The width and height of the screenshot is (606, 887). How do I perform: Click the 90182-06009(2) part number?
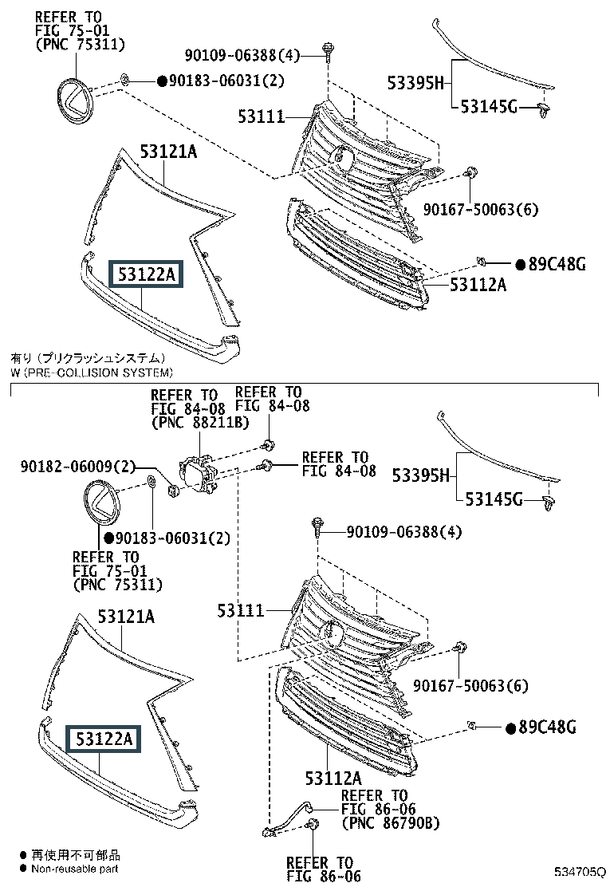[76, 466]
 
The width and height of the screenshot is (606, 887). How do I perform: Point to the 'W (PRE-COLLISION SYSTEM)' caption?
[91, 373]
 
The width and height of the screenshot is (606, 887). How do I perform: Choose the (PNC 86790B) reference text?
[390, 822]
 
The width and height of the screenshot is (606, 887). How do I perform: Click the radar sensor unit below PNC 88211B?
[197, 473]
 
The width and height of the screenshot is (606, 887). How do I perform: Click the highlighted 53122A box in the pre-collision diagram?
[104, 739]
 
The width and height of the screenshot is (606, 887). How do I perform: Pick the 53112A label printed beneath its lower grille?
[333, 777]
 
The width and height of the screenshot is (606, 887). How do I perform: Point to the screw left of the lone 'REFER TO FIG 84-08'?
[267, 467]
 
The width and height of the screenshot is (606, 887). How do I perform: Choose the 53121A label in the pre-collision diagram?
[126, 617]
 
